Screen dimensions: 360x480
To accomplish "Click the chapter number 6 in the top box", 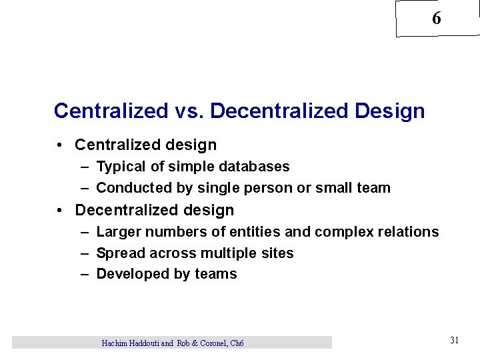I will tap(436, 19).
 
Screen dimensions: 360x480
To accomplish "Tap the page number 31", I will tap(454, 340).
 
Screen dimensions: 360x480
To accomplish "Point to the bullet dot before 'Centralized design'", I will tap(60, 145).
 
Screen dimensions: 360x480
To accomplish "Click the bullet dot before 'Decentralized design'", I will tap(60, 211).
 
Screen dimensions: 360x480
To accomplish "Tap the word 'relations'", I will tap(407, 232).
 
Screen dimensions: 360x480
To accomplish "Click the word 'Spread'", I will tap(121, 253).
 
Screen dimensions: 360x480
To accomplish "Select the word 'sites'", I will tap(278, 253).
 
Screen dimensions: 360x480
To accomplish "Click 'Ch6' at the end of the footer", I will tap(237, 343).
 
